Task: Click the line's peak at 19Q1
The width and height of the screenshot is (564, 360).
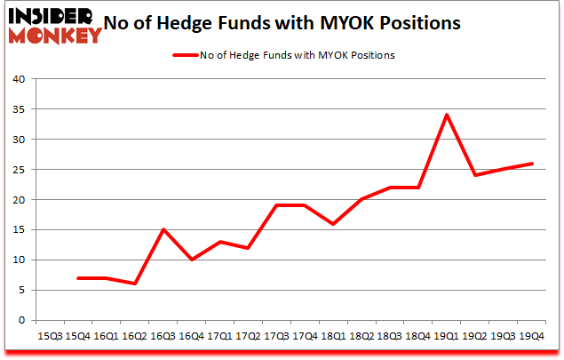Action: pos(447,115)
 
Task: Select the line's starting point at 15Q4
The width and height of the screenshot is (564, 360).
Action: pos(77,277)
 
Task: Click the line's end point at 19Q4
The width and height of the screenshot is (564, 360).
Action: pos(532,164)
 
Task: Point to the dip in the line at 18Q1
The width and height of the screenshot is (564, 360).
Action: pos(332,223)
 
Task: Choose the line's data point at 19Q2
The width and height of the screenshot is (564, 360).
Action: pos(475,175)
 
